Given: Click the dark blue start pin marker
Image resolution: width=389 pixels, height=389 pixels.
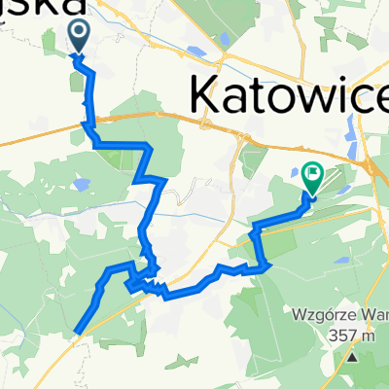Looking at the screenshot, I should (x=78, y=36).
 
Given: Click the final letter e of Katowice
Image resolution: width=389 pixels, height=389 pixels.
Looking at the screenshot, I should (x=375, y=96).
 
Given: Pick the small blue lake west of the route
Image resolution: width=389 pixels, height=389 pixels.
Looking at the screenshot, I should (x=74, y=184).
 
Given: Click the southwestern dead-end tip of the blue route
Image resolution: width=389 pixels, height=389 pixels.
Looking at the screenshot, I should (x=77, y=334).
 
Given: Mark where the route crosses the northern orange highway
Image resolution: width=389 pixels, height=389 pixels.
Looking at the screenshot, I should (x=88, y=121).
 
